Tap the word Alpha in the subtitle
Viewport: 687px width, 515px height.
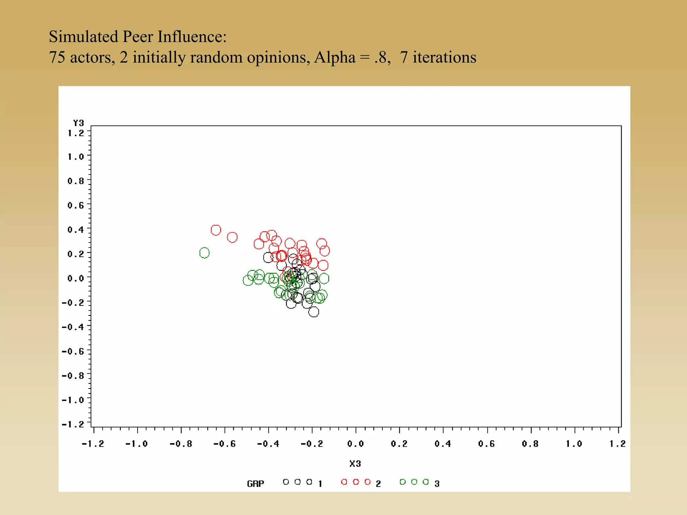click(x=334, y=57)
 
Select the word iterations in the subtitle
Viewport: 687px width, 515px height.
click(x=444, y=57)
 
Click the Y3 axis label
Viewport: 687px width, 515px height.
click(x=78, y=123)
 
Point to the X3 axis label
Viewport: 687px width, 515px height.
click(x=355, y=464)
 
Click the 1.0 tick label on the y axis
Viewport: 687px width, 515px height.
click(x=76, y=157)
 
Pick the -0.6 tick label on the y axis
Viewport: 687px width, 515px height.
click(x=73, y=351)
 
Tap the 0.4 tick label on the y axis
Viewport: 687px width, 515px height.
click(x=76, y=230)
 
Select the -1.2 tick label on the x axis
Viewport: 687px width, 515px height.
click(x=93, y=444)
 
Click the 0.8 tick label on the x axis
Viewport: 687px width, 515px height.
click(x=530, y=444)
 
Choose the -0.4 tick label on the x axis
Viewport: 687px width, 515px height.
click(x=268, y=444)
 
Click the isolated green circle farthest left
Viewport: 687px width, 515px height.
click(x=204, y=253)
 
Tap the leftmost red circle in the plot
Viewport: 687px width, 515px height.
click(x=216, y=230)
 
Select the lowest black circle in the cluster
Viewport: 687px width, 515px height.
click(x=314, y=312)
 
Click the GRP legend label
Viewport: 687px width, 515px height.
click(x=256, y=483)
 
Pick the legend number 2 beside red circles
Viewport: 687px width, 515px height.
click(x=378, y=483)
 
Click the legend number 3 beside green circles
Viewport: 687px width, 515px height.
click(x=437, y=483)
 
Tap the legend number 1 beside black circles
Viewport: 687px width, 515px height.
click(x=320, y=483)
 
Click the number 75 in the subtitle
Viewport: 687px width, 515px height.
click(x=57, y=57)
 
